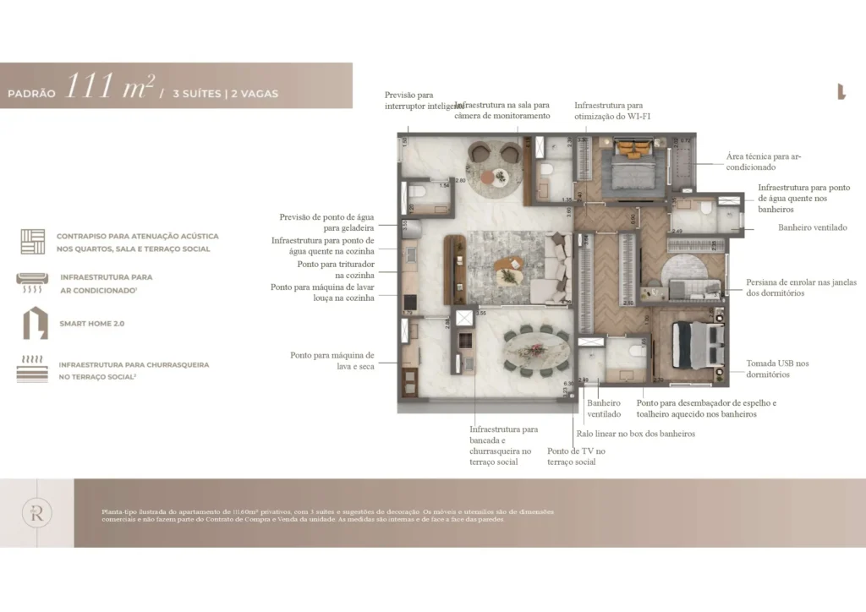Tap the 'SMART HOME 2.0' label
click(x=92, y=324)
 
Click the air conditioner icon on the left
click(x=33, y=281)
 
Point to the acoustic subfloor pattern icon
click(x=33, y=241)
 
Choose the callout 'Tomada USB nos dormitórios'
click(x=777, y=369)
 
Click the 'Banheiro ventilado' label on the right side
click(x=812, y=227)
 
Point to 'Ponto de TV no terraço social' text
click(x=576, y=456)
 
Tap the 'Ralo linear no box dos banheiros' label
click(x=635, y=434)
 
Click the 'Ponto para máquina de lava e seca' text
click(x=332, y=361)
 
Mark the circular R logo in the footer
click(x=38, y=512)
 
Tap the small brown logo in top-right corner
click(x=841, y=92)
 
